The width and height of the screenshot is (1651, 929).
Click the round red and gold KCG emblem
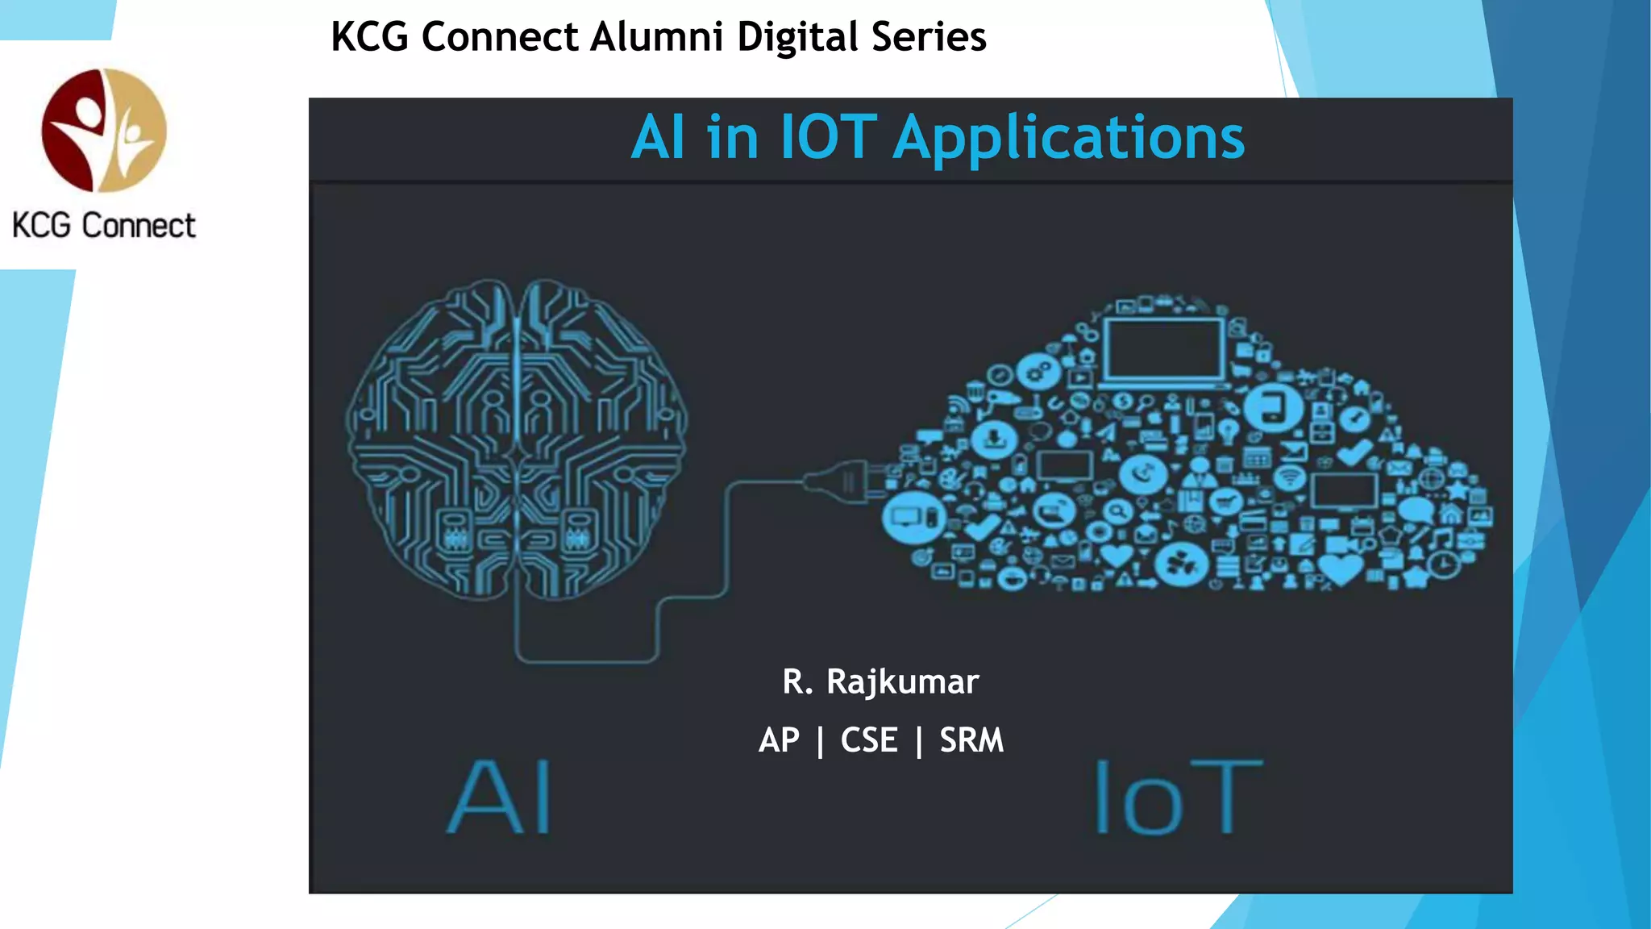[104, 130]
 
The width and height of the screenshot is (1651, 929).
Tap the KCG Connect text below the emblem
[104, 226]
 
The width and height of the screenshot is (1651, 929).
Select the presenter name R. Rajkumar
[880, 681]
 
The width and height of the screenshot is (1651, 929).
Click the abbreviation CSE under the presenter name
[869, 740]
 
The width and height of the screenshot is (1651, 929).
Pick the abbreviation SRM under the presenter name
[971, 740]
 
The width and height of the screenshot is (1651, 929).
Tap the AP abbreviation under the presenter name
[779, 740]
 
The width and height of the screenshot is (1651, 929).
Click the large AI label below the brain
[500, 798]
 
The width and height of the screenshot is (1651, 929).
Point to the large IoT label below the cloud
[1178, 798]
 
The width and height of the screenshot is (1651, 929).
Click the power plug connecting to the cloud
[842, 481]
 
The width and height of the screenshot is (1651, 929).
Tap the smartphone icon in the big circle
[1273, 406]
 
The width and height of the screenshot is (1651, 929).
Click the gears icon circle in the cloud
[1038, 372]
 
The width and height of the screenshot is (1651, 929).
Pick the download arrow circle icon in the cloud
[994, 440]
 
